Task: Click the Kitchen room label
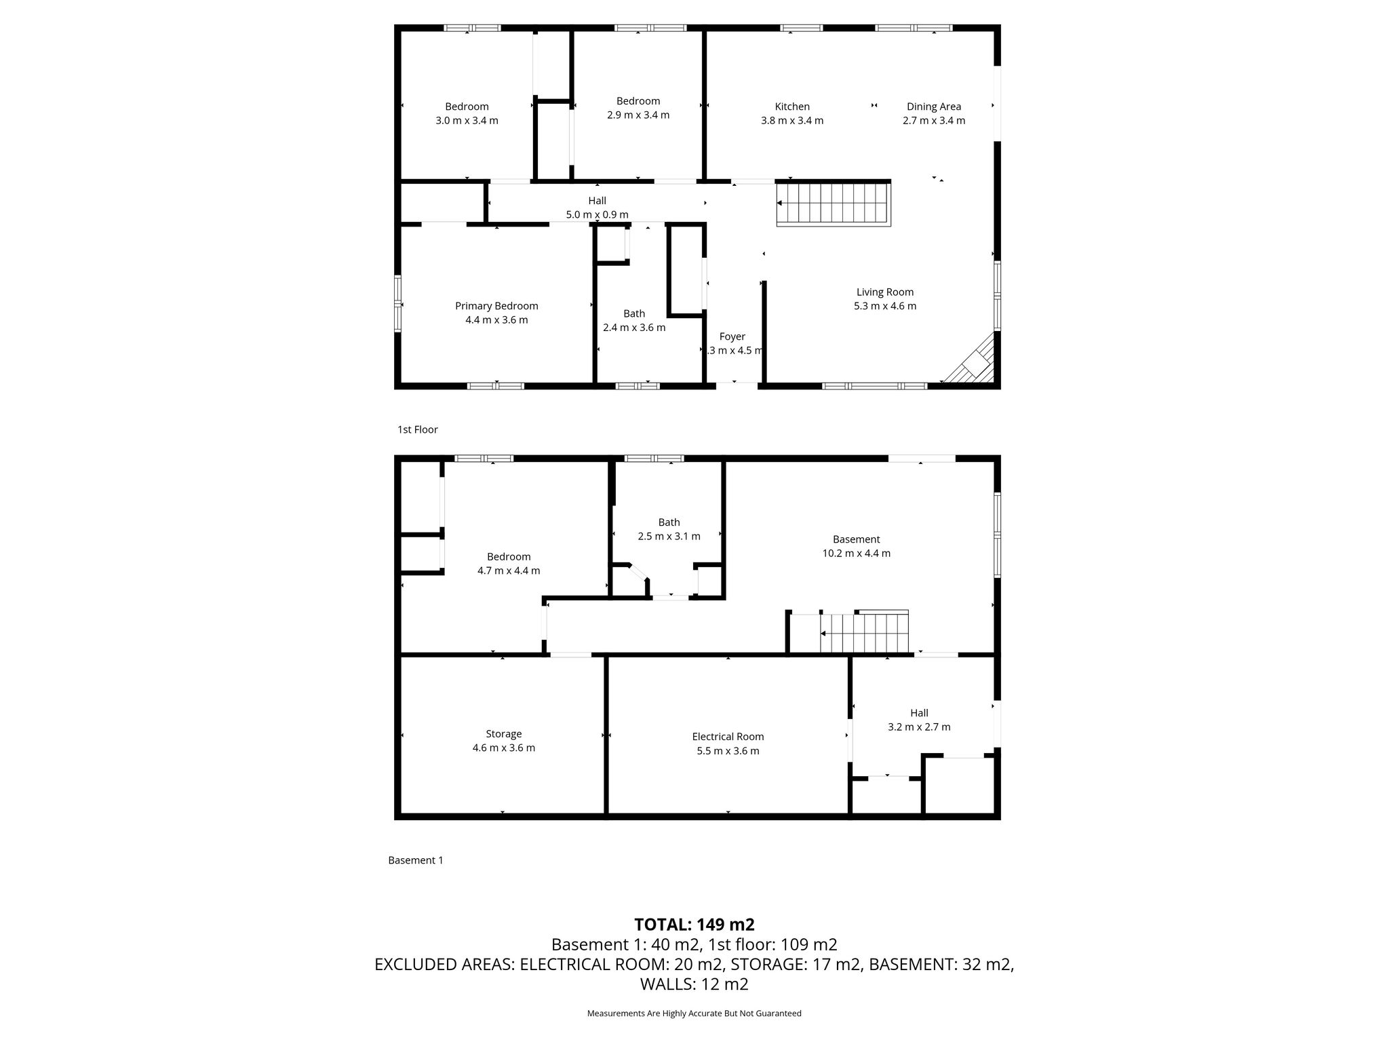(792, 107)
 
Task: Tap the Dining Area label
(934, 107)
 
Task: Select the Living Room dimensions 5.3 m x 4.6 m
(885, 306)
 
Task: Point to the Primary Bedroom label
(496, 306)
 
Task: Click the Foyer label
(732, 336)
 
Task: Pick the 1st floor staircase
(834, 203)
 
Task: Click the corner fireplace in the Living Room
(971, 359)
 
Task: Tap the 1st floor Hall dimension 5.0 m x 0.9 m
(598, 215)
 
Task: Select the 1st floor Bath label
(634, 313)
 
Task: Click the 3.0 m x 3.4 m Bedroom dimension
(467, 121)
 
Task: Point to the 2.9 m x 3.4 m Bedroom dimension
(638, 115)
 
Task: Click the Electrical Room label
(728, 737)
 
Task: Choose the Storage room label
(504, 734)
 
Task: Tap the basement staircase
(864, 632)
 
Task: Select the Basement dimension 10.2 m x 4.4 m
(857, 554)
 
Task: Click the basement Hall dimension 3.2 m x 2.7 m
(919, 727)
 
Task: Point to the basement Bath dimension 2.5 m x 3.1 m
(669, 536)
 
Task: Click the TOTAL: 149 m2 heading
(694, 925)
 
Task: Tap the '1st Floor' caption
(418, 429)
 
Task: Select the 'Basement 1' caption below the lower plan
(416, 860)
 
